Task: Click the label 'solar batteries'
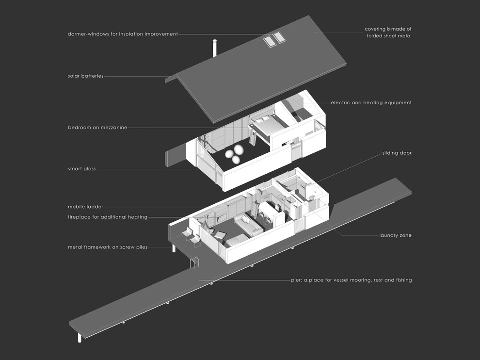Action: tap(86, 76)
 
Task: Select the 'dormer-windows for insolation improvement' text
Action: tap(123, 34)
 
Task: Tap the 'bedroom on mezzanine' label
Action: tap(97, 128)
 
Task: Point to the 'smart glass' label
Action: tap(82, 168)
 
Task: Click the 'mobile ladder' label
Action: tap(85, 207)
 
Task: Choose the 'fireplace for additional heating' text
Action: tap(108, 217)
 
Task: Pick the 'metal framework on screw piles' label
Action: tap(108, 247)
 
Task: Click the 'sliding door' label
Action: tap(397, 153)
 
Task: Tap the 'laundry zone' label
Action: tap(395, 235)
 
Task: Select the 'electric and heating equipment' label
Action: tap(371, 103)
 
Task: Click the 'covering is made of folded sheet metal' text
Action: tap(388, 32)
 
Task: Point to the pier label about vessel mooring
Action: tap(352, 280)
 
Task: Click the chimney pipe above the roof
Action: tap(215, 48)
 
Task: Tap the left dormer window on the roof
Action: tap(269, 41)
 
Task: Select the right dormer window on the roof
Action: tap(279, 37)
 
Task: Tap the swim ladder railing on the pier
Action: tap(195, 262)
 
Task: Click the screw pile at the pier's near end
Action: tap(80, 337)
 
